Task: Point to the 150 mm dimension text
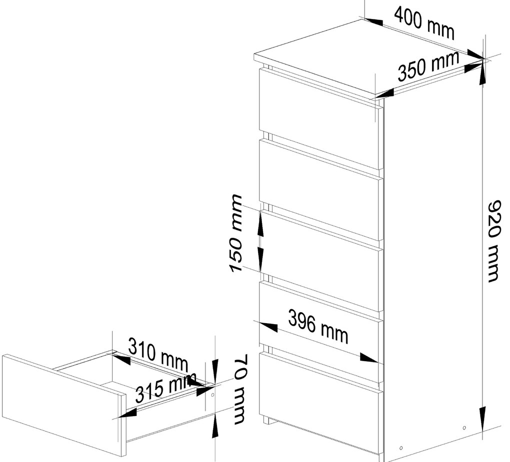click(x=235, y=233)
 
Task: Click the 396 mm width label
click(x=318, y=326)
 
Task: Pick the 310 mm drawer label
click(x=158, y=355)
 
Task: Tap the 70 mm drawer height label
click(x=241, y=389)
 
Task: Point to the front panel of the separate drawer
click(x=64, y=404)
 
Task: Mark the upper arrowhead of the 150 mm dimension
click(x=260, y=224)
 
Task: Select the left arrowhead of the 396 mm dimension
click(x=265, y=327)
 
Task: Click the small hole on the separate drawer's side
click(x=212, y=395)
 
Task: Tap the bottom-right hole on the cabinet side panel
click(x=464, y=428)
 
